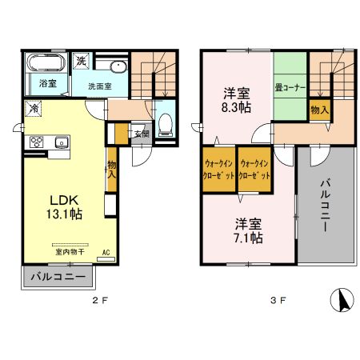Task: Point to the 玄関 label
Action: coord(140,134)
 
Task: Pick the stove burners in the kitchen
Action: coord(36,142)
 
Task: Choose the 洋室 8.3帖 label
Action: coord(235,98)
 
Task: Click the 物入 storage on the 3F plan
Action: coord(318,108)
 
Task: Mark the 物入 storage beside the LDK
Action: coord(112,170)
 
